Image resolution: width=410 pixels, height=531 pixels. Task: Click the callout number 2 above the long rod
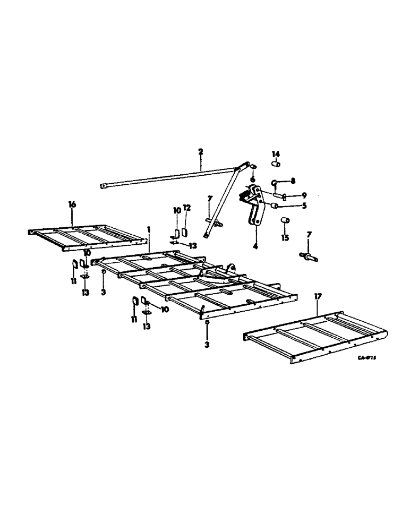pyautogui.click(x=201, y=152)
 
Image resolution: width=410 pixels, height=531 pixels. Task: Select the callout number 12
pyautogui.click(x=187, y=208)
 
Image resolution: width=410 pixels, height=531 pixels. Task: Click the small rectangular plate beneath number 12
pyautogui.click(x=186, y=232)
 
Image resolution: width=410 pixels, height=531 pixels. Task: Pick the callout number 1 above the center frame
pyautogui.click(x=149, y=229)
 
